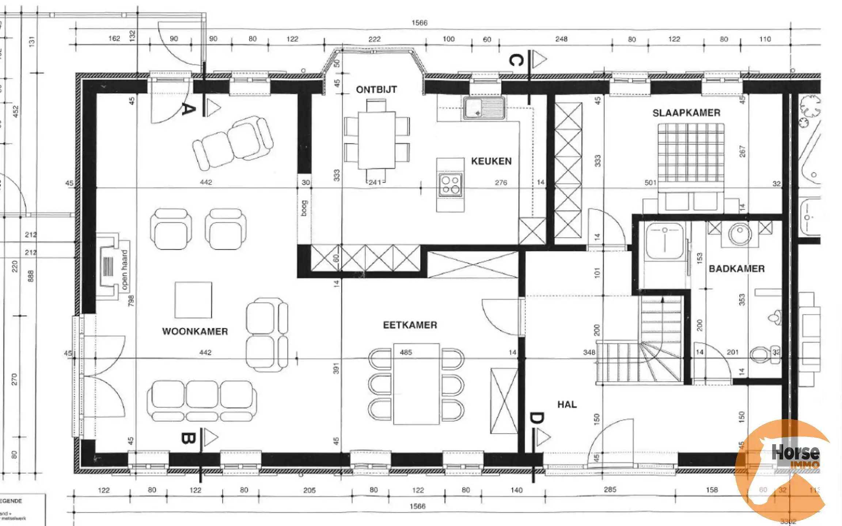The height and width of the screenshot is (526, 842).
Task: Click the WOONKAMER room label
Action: pyautogui.click(x=195, y=331)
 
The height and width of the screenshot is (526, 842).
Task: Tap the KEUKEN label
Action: pyautogui.click(x=491, y=161)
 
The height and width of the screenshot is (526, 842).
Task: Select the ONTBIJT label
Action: pyautogui.click(x=376, y=89)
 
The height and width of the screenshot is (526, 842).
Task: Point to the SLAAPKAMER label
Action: pyautogui.click(x=686, y=113)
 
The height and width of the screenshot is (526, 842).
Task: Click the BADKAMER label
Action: pyautogui.click(x=736, y=269)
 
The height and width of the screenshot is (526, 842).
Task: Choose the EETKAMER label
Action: pyautogui.click(x=410, y=325)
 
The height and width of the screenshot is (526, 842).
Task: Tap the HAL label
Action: pyautogui.click(x=567, y=404)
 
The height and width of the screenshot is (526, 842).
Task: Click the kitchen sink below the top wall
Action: pyautogui.click(x=484, y=108)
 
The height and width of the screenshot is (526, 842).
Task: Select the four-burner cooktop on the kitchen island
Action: pyautogui.click(x=450, y=185)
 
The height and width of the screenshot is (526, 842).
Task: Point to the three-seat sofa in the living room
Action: pyautogui.click(x=202, y=400)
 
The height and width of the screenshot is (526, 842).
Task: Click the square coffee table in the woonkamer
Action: pyautogui.click(x=193, y=300)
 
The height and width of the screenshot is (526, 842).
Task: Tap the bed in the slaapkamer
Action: pyautogui.click(x=690, y=157)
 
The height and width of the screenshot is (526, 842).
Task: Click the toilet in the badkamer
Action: pyautogui.click(x=765, y=354)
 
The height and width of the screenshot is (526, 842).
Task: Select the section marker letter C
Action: pyautogui.click(x=516, y=60)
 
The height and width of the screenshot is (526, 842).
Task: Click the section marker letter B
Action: pyautogui.click(x=188, y=438)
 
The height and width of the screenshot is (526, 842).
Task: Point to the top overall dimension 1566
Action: pyautogui.click(x=419, y=23)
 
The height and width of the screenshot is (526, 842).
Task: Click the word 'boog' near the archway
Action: pyautogui.click(x=304, y=208)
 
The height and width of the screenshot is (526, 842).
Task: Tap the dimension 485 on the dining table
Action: pyautogui.click(x=406, y=352)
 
